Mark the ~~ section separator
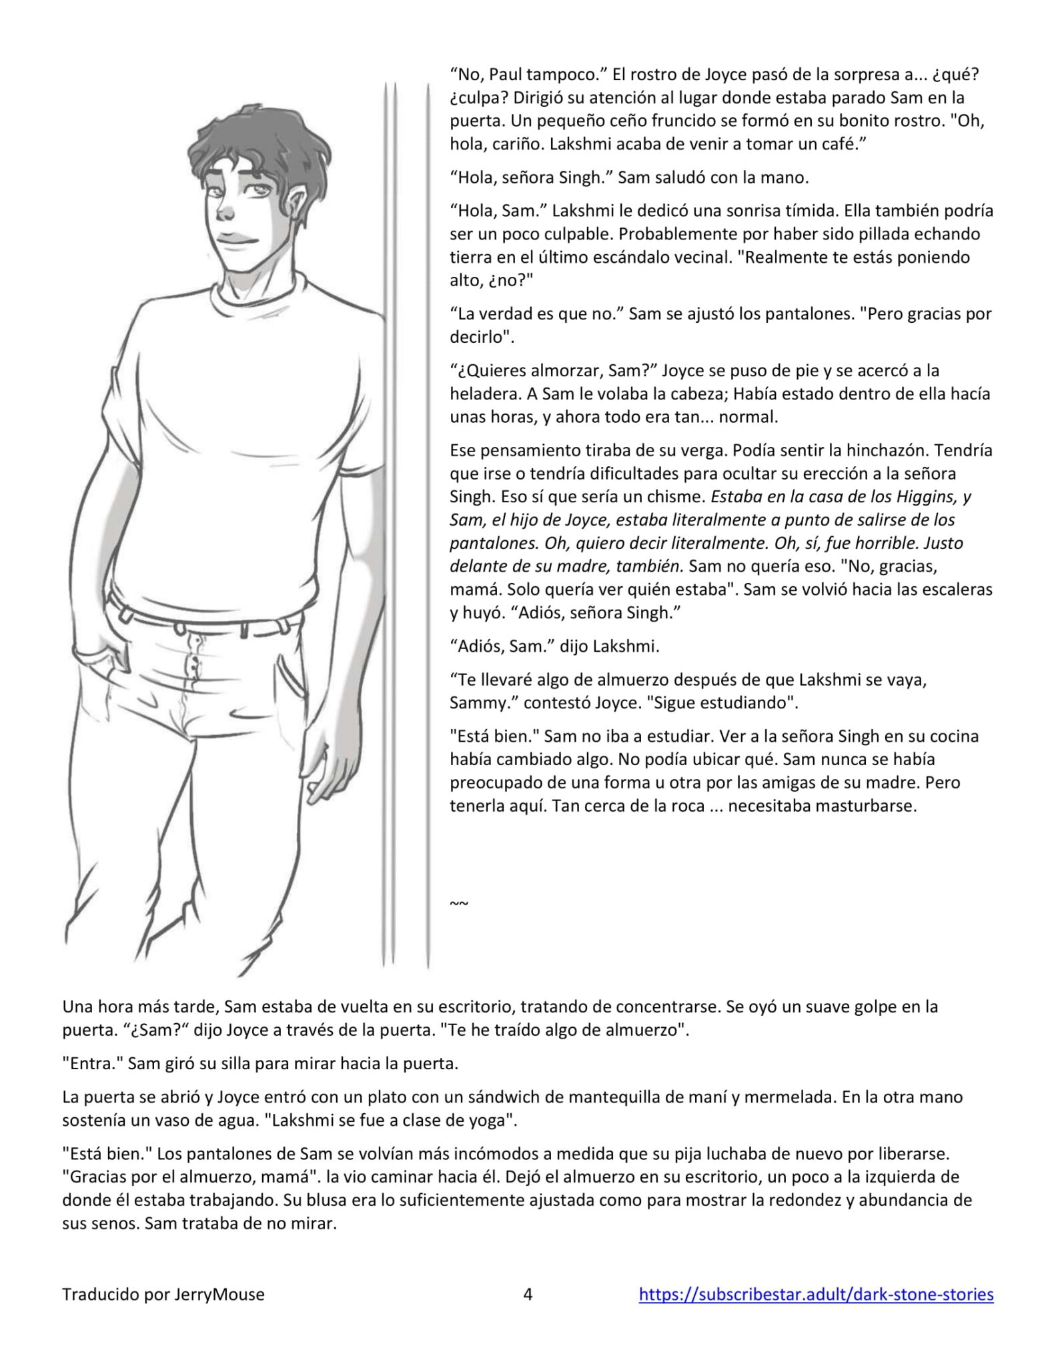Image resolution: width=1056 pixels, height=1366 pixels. pos(459,903)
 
